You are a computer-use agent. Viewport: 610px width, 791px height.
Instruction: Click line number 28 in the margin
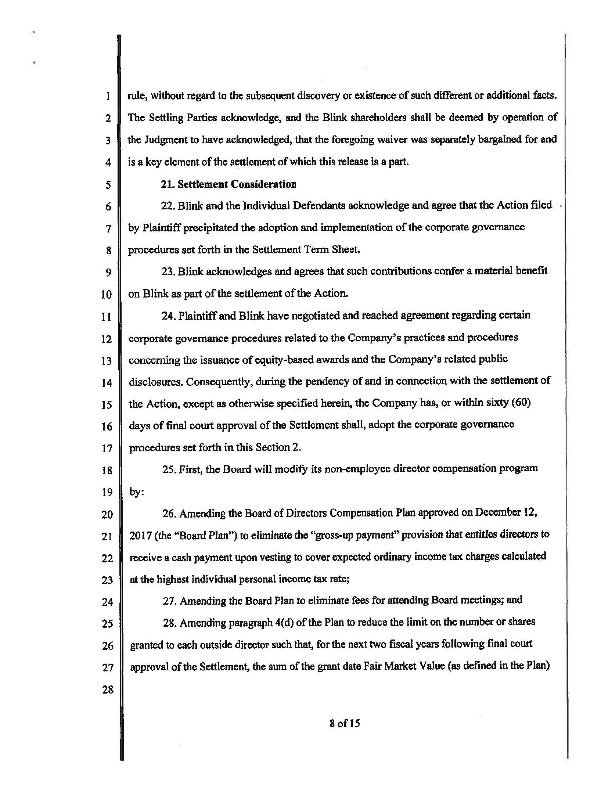[108, 690]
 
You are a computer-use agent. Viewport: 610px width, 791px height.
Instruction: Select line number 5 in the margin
[108, 185]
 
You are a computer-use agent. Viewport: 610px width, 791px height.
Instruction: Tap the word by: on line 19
[137, 492]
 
